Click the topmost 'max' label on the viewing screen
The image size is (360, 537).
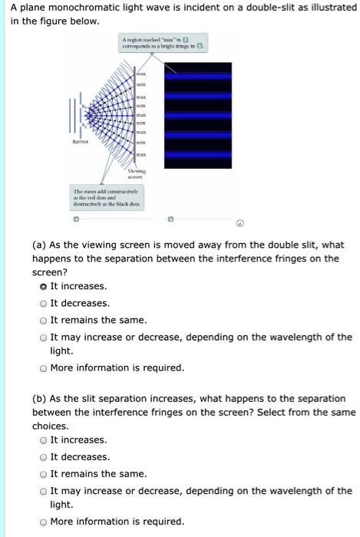pyautogui.click(x=140, y=73)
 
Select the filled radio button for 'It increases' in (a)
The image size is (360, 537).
pyautogui.click(x=43, y=286)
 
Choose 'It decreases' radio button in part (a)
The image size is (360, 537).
pyautogui.click(x=43, y=303)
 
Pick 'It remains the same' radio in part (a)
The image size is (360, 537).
pyautogui.click(x=43, y=320)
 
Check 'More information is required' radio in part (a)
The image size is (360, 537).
pyautogui.click(x=43, y=368)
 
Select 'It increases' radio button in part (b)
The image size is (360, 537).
pyautogui.click(x=43, y=440)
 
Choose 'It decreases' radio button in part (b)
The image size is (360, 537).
pyautogui.click(x=43, y=457)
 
